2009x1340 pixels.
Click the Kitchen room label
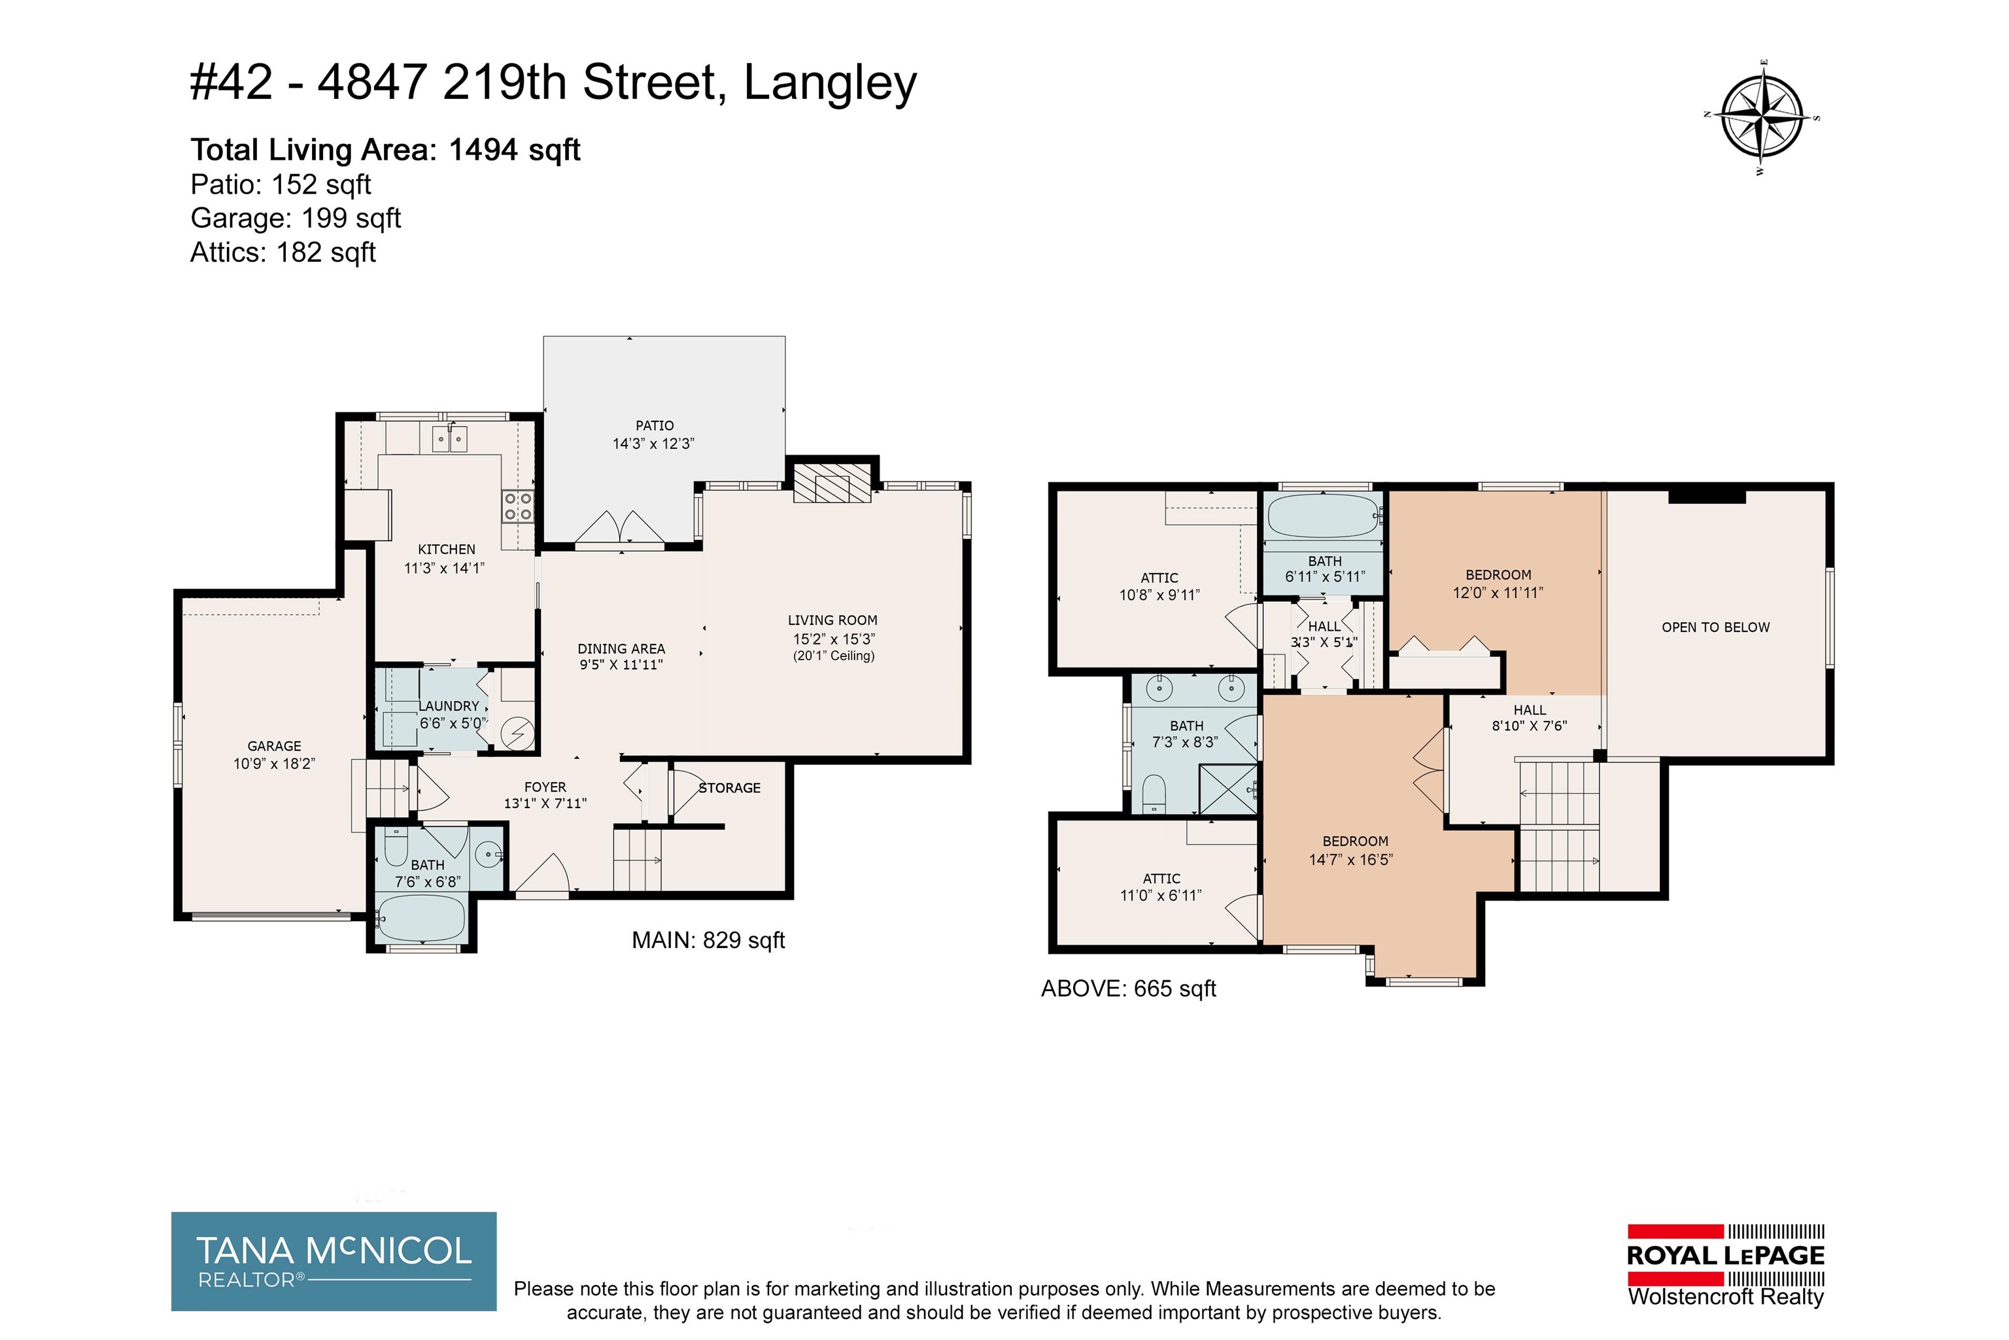[x=447, y=550]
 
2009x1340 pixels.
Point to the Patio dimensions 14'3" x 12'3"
[x=653, y=444]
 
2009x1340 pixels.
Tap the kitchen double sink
[x=449, y=439]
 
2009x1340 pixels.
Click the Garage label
[x=274, y=746]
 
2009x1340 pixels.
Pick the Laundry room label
[x=449, y=706]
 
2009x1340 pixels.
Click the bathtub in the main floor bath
[x=421, y=919]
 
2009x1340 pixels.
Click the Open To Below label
[x=1715, y=627]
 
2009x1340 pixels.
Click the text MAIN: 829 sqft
[x=708, y=941]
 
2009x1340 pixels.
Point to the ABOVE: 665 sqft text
[x=1128, y=989]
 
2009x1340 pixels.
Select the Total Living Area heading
[x=385, y=150]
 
